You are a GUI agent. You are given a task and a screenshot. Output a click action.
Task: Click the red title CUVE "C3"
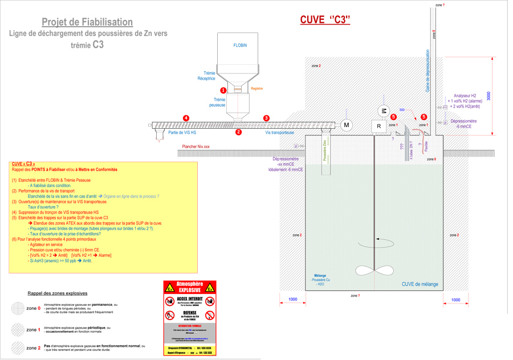coord(325,20)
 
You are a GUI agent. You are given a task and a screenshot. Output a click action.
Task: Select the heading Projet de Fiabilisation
coord(87,22)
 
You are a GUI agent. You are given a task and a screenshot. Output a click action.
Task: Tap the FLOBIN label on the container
coord(240,46)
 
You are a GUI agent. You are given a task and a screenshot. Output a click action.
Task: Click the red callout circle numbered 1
coord(223,91)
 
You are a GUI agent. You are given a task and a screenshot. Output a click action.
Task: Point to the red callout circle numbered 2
coord(239,132)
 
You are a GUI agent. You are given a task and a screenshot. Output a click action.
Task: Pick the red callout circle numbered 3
coord(266,118)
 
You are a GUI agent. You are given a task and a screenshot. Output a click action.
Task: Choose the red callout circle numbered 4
coord(186,118)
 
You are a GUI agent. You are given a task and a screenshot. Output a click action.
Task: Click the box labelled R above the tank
coord(379,126)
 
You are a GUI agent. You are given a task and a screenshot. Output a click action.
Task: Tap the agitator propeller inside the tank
coord(374,271)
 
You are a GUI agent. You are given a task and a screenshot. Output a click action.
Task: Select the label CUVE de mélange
coord(420,284)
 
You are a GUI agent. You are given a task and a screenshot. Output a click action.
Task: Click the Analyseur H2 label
coord(465,96)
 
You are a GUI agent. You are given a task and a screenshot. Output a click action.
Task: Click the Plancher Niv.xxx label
coord(196,147)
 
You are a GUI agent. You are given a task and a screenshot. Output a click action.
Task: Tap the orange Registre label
coord(256,89)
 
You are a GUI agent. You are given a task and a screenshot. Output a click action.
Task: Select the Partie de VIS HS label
coord(182,133)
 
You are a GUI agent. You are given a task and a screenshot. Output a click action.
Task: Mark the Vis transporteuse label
coord(279,133)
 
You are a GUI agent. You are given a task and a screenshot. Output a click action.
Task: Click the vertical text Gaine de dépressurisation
coord(427,71)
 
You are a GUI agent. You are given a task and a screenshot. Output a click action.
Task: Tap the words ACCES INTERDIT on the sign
coord(190,298)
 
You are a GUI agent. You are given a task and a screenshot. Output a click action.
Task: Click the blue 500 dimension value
coord(402,110)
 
